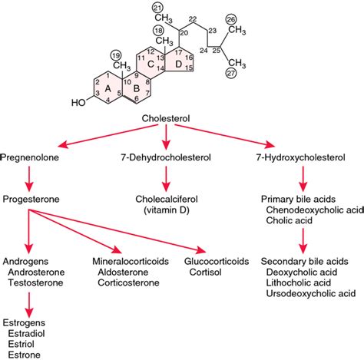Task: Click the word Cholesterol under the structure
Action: tap(166, 119)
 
